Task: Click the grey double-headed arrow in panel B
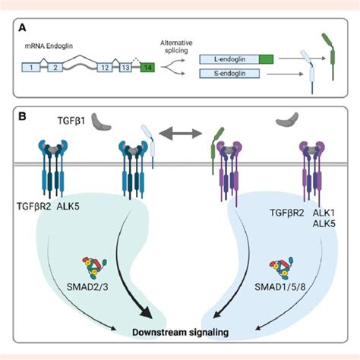180,138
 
